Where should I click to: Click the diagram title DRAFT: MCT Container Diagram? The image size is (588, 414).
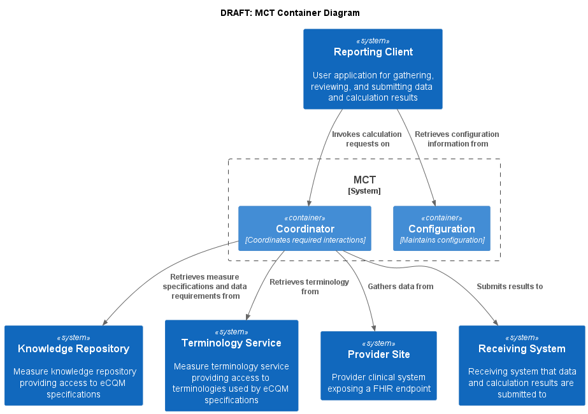point(290,13)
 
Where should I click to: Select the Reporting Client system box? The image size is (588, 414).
point(373,69)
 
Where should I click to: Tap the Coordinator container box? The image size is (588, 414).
point(305,228)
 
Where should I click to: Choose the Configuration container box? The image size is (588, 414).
point(441,228)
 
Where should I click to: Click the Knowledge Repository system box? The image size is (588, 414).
point(73,365)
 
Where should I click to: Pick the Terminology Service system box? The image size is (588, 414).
point(231,365)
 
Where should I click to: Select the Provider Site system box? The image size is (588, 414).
point(378,365)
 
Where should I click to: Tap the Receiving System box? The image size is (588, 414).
point(522,365)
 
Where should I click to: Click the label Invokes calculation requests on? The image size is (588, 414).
point(367,139)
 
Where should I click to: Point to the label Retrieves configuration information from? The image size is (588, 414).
point(457,139)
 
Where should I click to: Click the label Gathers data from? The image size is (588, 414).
point(400,287)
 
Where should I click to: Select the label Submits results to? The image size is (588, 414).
point(510,287)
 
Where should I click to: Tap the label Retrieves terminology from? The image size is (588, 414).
point(310,287)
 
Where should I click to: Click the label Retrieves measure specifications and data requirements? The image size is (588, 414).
point(204,287)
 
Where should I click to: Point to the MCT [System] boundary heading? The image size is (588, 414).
point(364,185)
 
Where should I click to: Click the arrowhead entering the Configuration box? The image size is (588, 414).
point(434,202)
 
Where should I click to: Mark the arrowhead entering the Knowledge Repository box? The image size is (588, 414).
point(105,322)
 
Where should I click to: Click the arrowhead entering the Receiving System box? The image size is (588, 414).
point(496,322)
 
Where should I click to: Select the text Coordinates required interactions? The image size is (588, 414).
point(305,240)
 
